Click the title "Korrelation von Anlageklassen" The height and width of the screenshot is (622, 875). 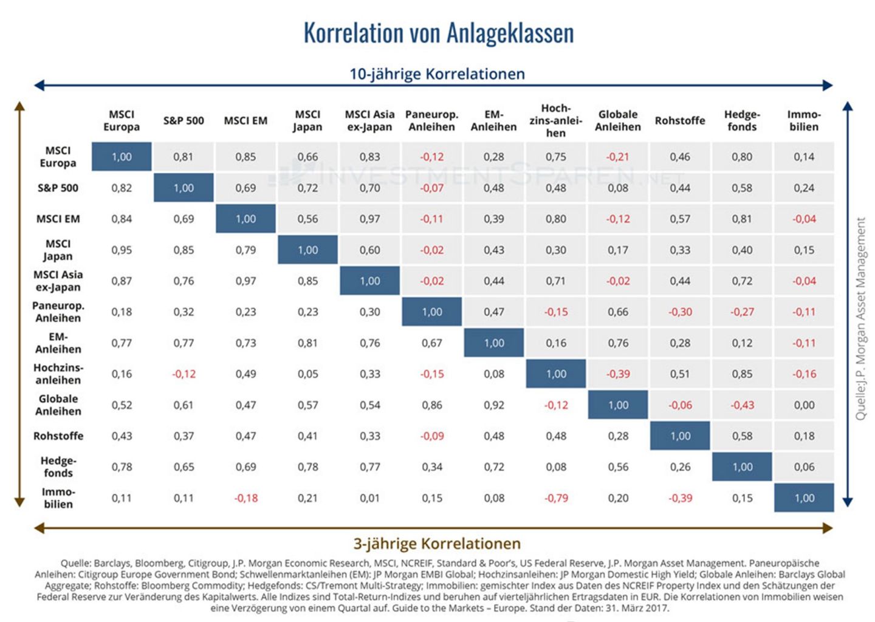438,33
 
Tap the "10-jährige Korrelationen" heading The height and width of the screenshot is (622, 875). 437,74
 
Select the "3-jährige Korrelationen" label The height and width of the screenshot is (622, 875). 437,544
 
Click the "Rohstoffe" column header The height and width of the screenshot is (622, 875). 680,120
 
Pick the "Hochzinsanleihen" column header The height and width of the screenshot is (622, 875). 555,120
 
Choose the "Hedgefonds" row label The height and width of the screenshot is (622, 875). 58,466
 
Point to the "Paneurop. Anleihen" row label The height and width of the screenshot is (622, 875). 58,312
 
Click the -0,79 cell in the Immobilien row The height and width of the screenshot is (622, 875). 556,498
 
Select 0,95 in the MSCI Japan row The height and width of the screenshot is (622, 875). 122,250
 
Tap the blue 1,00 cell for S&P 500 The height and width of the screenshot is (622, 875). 184,188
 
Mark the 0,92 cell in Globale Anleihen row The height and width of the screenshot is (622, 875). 494,405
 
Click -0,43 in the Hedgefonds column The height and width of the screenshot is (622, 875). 742,405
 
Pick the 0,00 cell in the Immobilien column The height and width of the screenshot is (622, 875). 804,405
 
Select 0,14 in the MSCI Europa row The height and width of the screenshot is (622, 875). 804,157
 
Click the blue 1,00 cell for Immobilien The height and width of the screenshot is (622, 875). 804,498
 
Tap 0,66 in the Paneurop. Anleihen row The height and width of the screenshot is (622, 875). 618,312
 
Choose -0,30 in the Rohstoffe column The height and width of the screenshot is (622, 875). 680,312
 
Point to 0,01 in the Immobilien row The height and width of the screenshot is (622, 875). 369,498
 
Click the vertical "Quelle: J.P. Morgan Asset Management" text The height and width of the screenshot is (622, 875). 860,319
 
